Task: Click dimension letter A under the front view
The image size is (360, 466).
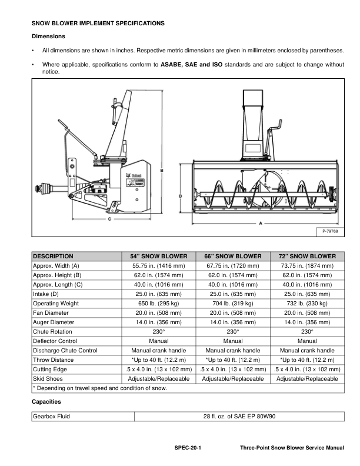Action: [261, 224]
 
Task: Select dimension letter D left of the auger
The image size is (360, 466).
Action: [180, 195]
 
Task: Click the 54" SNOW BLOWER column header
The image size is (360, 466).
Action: [158, 257]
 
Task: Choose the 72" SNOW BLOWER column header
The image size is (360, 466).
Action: [307, 257]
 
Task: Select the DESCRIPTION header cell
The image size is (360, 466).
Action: [53, 257]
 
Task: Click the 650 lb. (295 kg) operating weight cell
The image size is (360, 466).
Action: [158, 304]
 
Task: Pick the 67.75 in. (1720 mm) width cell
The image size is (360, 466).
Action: [233, 266]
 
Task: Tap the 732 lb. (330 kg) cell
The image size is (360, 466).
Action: [307, 304]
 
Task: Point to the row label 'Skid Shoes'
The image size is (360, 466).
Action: [48, 379]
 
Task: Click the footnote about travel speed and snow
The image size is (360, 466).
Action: [99, 388]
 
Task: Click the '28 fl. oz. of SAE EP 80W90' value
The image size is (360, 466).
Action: [239, 417]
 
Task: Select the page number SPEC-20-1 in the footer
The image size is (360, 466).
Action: [188, 448]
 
